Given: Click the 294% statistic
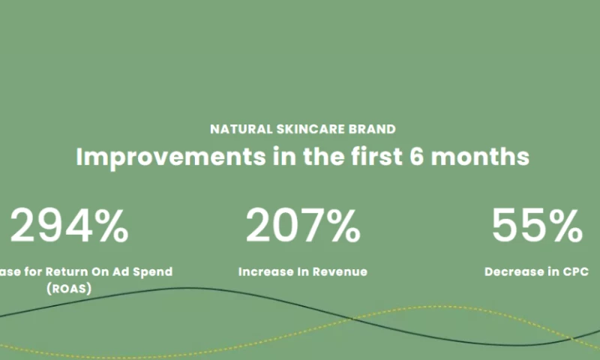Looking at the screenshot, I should (x=69, y=226).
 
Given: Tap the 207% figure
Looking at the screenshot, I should (x=303, y=226).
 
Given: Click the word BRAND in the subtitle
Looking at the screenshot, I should (x=372, y=129).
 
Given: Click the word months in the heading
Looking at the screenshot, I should (x=484, y=157).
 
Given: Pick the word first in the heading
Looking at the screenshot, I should (x=372, y=157).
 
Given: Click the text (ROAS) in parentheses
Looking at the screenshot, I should (x=68, y=286).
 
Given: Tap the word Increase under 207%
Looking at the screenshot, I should (x=264, y=271).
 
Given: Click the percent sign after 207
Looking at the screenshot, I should (x=340, y=226).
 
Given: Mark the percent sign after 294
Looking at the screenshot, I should (x=109, y=226).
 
